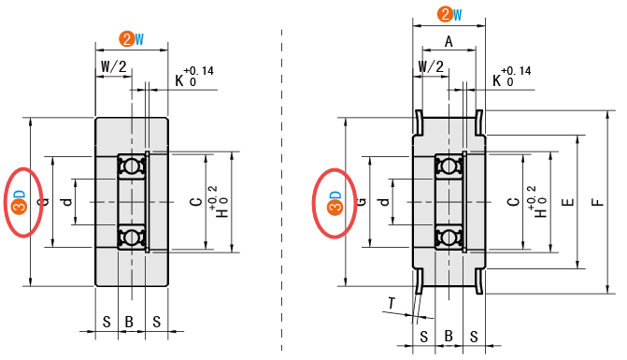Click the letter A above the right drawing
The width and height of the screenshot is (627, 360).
click(x=449, y=41)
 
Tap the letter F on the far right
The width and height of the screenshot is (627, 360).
click(x=597, y=202)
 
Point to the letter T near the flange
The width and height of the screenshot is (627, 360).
click(x=392, y=304)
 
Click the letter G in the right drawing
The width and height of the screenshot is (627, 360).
click(x=361, y=201)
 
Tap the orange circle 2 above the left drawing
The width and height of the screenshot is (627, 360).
click(x=127, y=39)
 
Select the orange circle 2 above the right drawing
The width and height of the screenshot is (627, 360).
click(x=445, y=14)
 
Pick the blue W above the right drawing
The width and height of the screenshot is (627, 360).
click(x=458, y=15)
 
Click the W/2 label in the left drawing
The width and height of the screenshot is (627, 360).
click(x=114, y=66)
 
